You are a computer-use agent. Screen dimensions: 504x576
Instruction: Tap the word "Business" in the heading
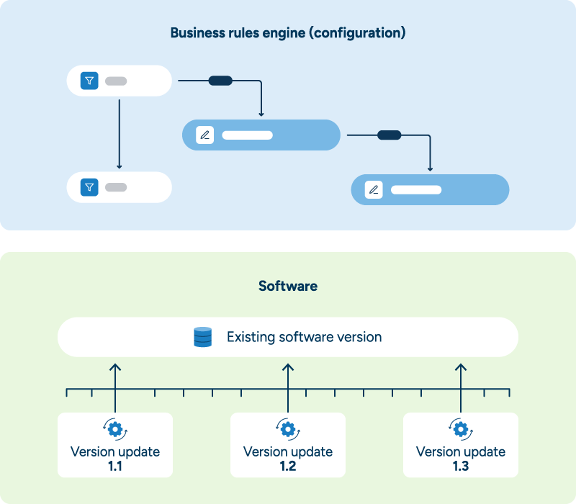tap(194, 33)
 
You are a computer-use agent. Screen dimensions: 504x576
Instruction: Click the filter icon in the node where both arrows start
tap(89, 81)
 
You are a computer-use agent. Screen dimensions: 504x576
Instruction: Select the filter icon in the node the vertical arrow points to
tap(89, 187)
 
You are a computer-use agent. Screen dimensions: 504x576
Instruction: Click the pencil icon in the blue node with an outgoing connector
tap(205, 135)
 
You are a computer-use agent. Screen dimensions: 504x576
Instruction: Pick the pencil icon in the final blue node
tap(374, 190)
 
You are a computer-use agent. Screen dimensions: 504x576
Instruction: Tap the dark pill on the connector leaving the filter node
tap(220, 81)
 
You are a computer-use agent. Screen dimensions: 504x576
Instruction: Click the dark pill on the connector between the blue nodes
tap(389, 135)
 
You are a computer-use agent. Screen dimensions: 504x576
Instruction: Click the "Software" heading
tap(288, 286)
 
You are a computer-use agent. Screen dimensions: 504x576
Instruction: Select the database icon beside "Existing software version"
tap(203, 337)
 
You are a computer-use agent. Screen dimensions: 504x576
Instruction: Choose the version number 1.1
tap(115, 466)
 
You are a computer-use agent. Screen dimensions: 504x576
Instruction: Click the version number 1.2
tap(288, 466)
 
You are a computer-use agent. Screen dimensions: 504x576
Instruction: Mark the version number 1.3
tap(461, 466)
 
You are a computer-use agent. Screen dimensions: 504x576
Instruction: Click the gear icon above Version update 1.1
tap(115, 430)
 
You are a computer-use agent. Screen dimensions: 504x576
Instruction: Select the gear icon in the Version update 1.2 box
tap(288, 430)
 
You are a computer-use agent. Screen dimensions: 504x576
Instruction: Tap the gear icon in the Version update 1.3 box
tap(461, 430)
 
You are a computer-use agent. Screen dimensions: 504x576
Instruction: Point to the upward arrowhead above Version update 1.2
tap(288, 367)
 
